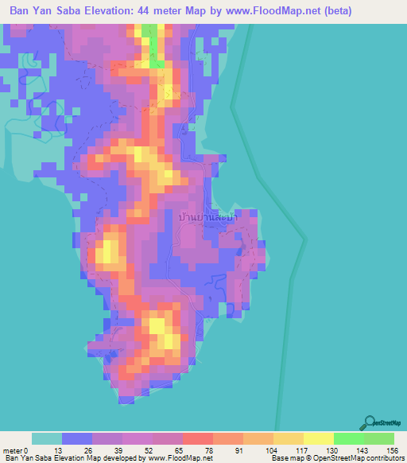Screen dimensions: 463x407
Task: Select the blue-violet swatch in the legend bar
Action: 77,438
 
